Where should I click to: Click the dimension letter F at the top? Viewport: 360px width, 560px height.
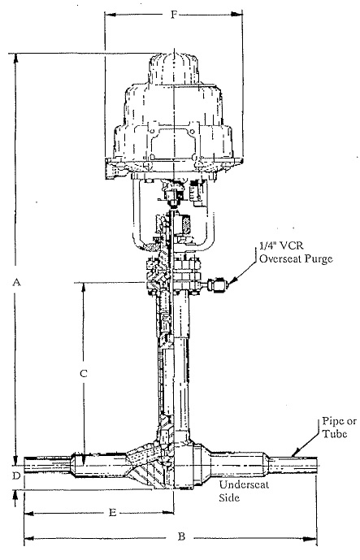click(x=174, y=15)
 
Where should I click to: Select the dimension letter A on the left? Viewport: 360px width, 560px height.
click(x=16, y=283)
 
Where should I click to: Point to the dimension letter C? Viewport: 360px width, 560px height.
click(x=83, y=374)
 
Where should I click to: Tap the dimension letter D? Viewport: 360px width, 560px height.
click(x=16, y=476)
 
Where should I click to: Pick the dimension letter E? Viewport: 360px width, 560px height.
click(x=112, y=513)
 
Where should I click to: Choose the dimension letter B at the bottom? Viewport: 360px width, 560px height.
click(x=181, y=536)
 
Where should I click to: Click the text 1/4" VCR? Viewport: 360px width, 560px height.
click(x=281, y=247)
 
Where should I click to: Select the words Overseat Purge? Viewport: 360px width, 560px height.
click(x=296, y=258)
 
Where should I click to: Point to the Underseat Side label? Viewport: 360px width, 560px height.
click(x=244, y=491)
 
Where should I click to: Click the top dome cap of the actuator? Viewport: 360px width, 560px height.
click(x=174, y=70)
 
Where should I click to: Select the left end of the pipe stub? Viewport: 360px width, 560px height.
click(x=24, y=466)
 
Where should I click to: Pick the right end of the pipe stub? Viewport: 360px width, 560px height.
click(x=316, y=466)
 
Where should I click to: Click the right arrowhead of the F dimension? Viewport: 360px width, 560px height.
click(x=237, y=15)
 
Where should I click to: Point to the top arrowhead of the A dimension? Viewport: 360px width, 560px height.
click(x=15, y=60)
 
